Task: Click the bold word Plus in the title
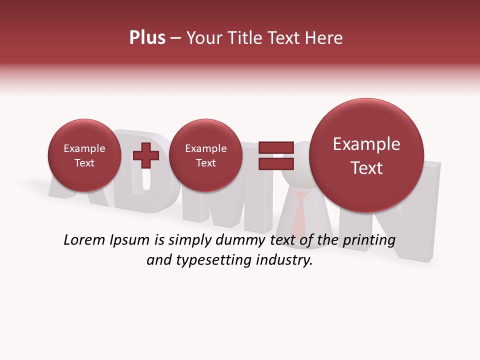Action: [147, 38]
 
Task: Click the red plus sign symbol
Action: [146, 155]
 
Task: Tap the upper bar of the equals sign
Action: [275, 147]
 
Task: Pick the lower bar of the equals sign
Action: [275, 163]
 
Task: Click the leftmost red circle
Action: [84, 155]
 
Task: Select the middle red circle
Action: [205, 155]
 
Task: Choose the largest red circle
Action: [366, 155]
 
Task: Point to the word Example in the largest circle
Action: [366, 144]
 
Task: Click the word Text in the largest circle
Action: [366, 168]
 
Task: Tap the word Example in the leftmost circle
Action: [84, 148]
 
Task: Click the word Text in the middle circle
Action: [205, 163]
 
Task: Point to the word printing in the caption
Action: [368, 240]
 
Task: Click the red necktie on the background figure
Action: [300, 210]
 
